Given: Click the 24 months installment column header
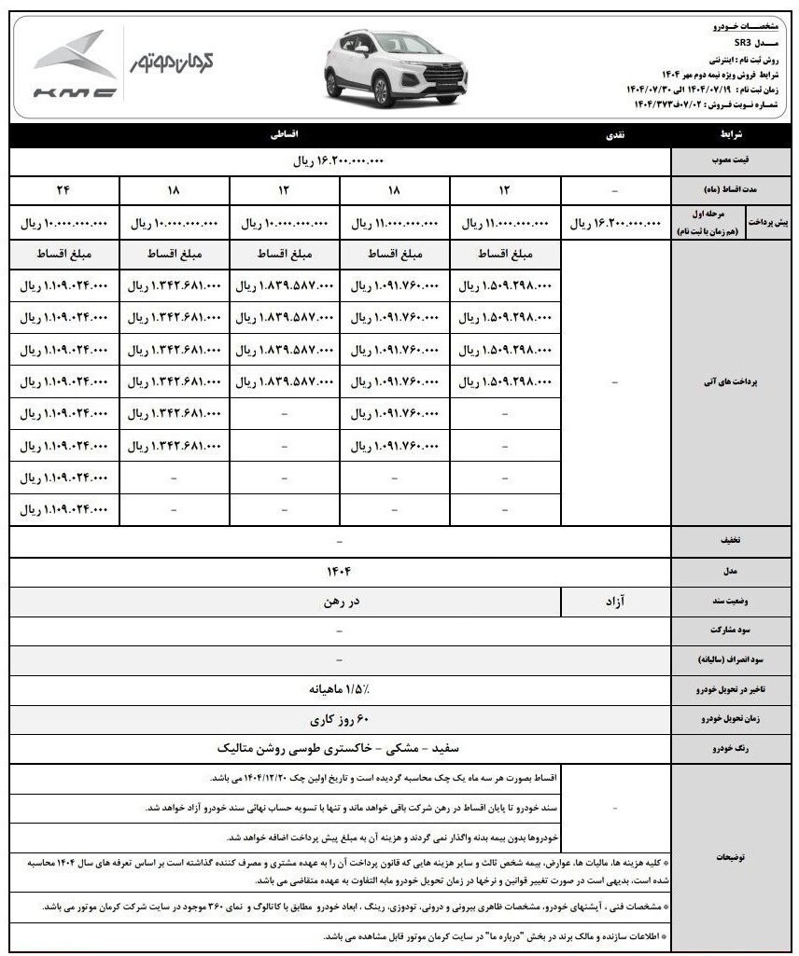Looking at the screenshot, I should tap(64, 190).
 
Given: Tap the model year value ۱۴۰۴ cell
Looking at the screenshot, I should tap(339, 569).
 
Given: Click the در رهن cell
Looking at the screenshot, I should tap(339, 601).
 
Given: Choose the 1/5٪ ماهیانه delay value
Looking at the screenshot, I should tap(339, 690).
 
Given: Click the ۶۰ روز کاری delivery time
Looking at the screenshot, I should tap(339, 720).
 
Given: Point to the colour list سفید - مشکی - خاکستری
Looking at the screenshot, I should tap(339, 749).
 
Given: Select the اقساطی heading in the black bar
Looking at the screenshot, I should tap(283, 135).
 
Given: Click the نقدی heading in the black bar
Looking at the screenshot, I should tap(618, 135).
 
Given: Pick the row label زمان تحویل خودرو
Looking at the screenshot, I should tap(733, 720).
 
